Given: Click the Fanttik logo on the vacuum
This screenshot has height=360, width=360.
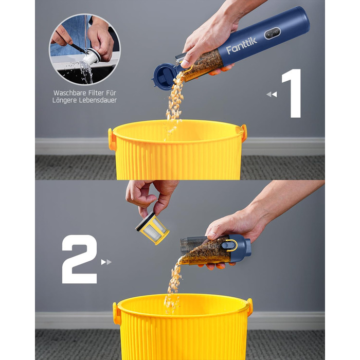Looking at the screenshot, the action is (x=241, y=46).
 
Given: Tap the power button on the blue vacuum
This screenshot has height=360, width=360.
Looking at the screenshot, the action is (x=273, y=33).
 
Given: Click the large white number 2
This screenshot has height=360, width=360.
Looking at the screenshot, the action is (x=79, y=259).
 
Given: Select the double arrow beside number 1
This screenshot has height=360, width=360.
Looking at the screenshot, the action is (x=272, y=94).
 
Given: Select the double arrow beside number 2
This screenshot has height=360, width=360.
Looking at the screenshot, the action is (x=106, y=262).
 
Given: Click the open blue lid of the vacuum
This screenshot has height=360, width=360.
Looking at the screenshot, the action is (x=164, y=77).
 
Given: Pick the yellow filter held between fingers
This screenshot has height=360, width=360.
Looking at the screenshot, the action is (x=152, y=228).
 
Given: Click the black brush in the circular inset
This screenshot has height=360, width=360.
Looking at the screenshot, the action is (x=78, y=47).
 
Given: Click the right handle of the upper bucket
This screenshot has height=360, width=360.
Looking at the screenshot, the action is (x=244, y=133).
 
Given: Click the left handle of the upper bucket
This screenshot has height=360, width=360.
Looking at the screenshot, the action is (x=112, y=139).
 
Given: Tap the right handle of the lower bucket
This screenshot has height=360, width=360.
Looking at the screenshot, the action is (x=250, y=307).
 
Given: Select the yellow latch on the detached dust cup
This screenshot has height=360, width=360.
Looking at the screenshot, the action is (x=230, y=245).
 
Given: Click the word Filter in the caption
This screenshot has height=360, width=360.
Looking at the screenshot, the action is (x=97, y=93).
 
